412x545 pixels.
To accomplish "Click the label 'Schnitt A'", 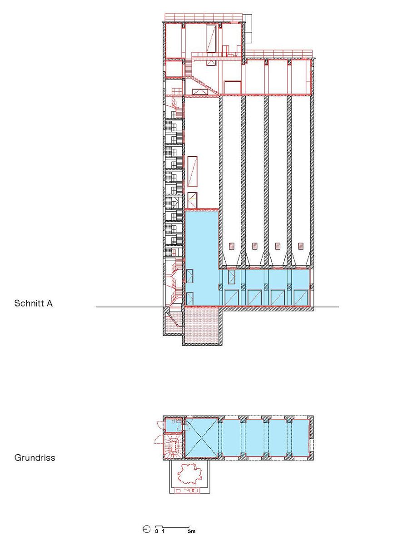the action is point(33,303).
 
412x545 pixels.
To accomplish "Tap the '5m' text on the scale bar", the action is point(192,531).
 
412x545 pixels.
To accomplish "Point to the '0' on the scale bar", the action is point(156,531).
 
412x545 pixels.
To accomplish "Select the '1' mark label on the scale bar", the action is point(163,531).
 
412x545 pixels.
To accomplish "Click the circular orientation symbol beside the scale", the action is point(147,529).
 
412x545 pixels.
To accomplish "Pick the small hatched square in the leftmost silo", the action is point(232,246).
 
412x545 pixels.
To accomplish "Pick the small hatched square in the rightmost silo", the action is point(301,246).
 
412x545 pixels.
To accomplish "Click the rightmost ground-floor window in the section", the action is point(301,297).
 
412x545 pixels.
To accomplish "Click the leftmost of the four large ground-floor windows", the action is point(232,297).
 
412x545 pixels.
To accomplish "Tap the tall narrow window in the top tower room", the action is point(211,39).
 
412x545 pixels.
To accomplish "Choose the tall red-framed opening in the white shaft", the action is point(192,171).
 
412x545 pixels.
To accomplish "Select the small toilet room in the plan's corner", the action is point(174,425).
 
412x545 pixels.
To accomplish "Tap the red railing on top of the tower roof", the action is point(204,17).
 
